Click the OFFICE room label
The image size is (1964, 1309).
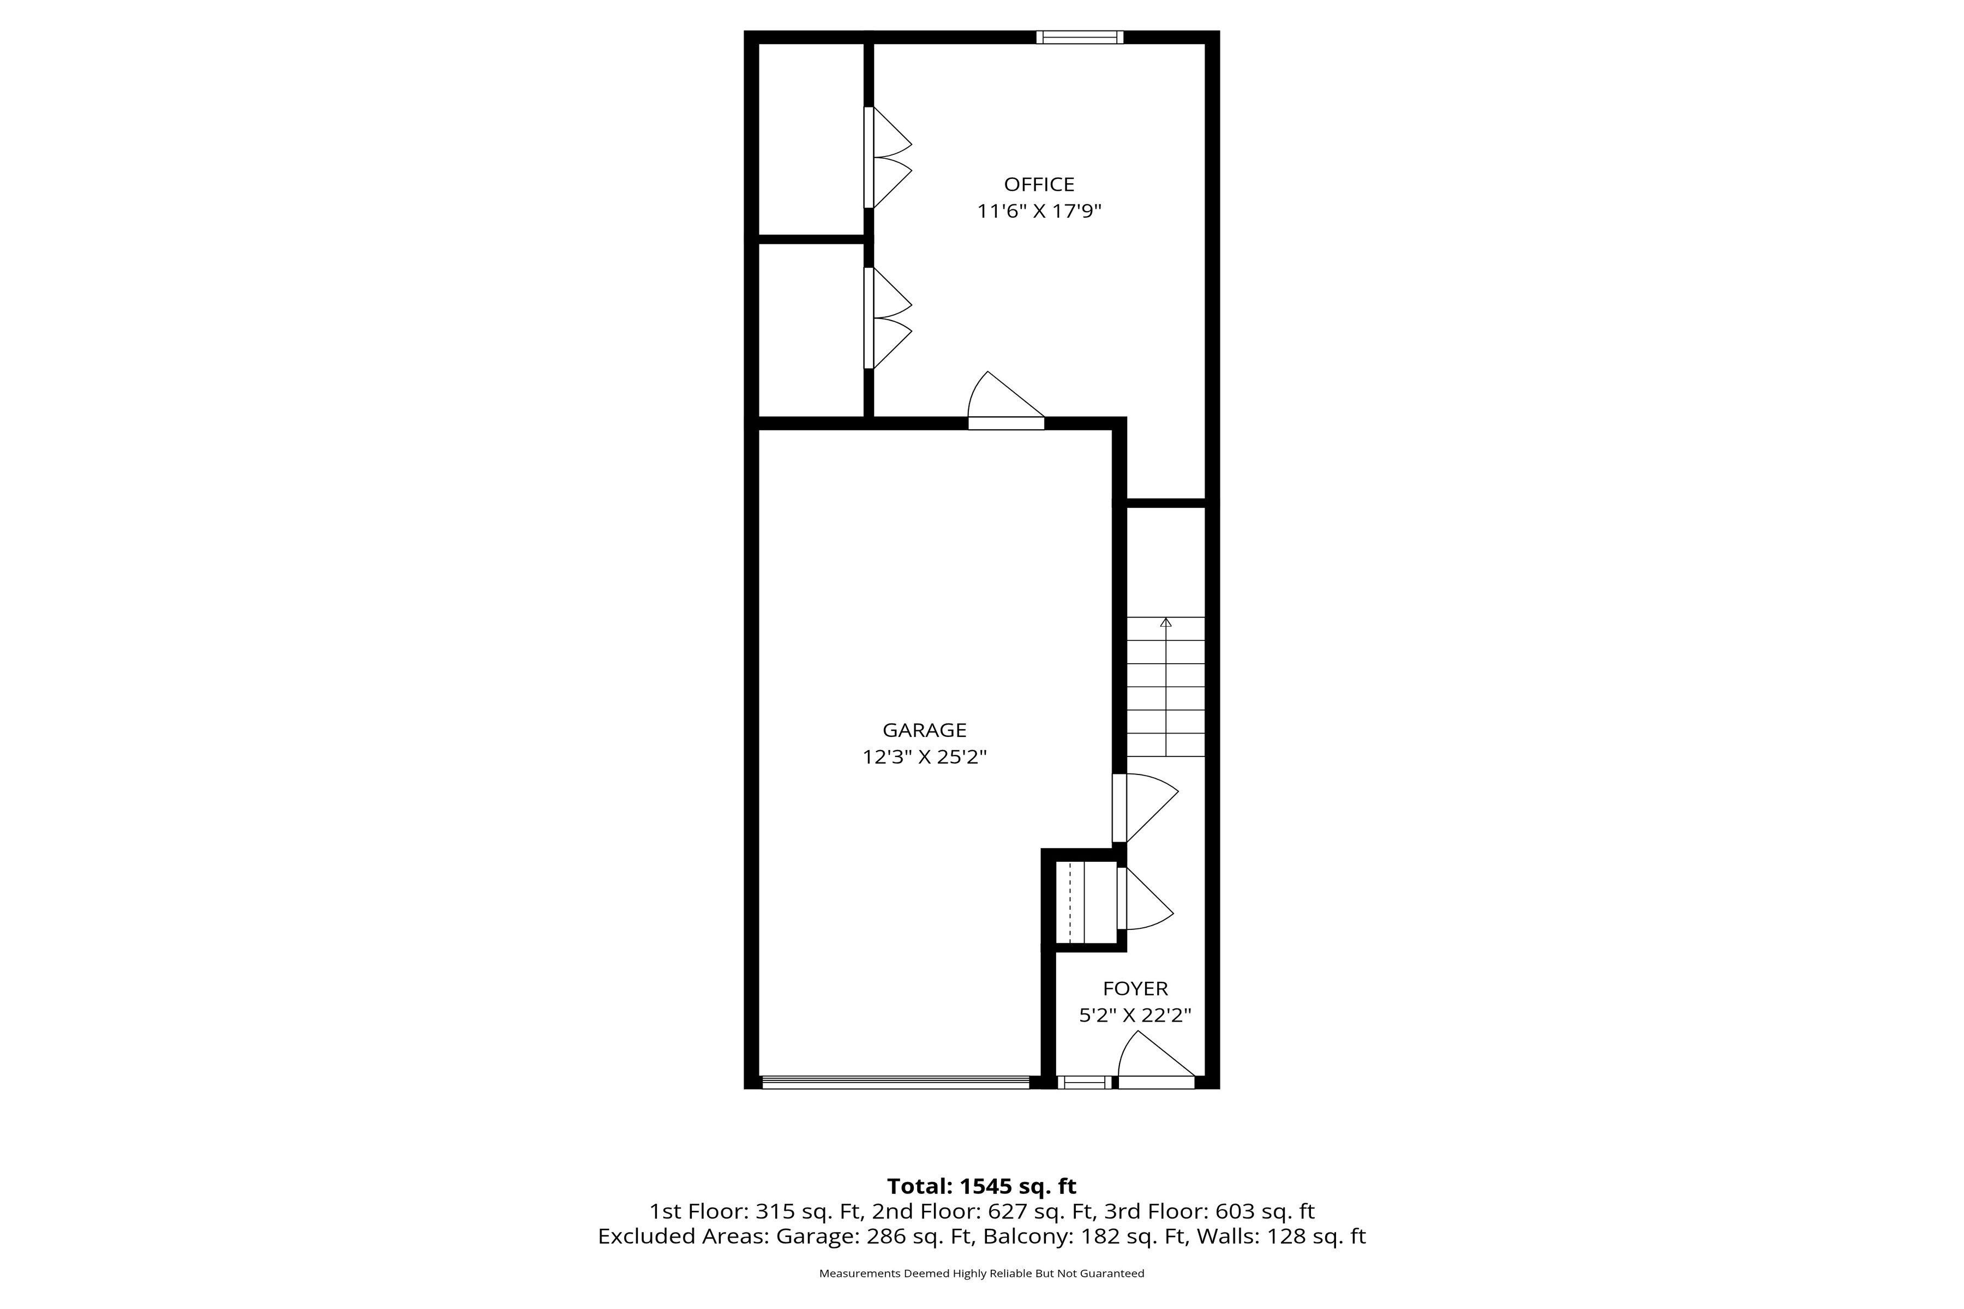(1039, 184)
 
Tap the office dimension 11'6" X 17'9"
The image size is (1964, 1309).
(1039, 211)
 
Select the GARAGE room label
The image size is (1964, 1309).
(924, 730)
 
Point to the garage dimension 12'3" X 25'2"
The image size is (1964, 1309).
(924, 757)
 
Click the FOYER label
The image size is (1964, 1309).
(1135, 988)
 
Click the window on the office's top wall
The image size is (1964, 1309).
(1080, 37)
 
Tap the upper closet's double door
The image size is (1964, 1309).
(887, 157)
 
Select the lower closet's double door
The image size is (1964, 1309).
(887, 318)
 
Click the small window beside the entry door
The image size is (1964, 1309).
(1084, 1083)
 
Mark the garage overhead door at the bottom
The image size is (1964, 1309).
(895, 1083)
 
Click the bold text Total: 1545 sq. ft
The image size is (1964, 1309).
(982, 1186)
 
